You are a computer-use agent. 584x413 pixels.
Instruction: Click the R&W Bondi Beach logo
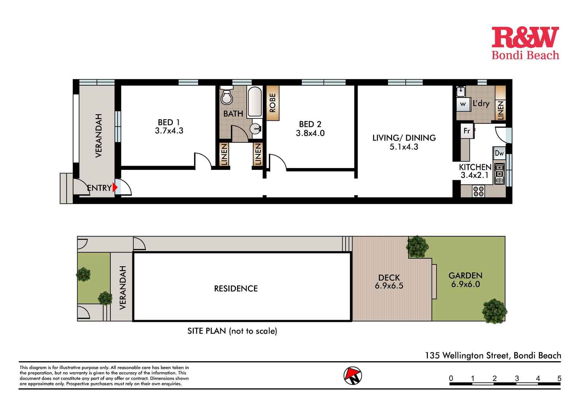525,43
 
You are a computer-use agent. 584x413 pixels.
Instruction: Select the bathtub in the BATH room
255,102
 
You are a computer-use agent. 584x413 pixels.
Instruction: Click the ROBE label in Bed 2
273,103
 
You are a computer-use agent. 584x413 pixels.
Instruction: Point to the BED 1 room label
169,122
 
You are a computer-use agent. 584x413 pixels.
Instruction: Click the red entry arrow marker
115,187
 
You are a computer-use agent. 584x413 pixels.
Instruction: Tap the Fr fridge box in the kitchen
467,131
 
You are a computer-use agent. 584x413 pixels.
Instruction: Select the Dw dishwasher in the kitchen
499,154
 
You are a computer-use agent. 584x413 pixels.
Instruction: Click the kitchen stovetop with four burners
478,191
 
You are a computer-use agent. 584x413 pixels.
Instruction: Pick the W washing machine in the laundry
463,104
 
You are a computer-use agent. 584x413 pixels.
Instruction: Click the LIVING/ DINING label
404,138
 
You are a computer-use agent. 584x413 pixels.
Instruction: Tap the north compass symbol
353,376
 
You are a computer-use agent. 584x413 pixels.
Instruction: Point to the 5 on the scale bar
559,378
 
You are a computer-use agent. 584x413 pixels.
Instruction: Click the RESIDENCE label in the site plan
236,289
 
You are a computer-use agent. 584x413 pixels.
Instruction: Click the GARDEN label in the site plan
465,275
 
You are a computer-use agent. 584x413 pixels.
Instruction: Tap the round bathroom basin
256,129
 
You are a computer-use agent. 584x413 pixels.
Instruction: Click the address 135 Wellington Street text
493,355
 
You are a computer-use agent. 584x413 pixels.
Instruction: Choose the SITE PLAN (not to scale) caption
232,331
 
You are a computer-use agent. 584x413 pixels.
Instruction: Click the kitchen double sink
499,173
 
